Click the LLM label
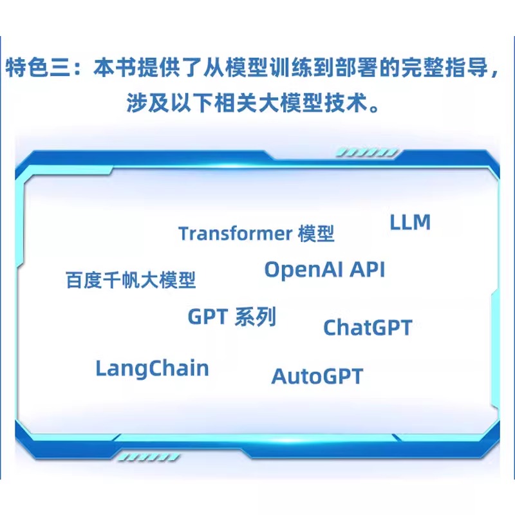[410, 222]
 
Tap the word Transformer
[235, 234]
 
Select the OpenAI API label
[324, 270]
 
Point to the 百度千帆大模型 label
[131, 280]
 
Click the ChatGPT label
[368, 328]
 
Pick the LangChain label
[152, 368]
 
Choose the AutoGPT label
[317, 376]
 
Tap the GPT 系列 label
[232, 317]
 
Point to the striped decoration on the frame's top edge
[367, 153]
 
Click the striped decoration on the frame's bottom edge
[149, 457]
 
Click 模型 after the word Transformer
[316, 234]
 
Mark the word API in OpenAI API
[367, 270]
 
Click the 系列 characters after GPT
[256, 317]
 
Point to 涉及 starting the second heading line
[147, 103]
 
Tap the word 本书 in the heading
[115, 68]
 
